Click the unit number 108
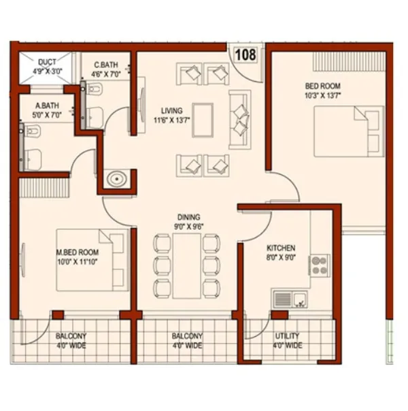click(x=246, y=54)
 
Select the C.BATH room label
click(x=106, y=65)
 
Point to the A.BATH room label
click(x=46, y=105)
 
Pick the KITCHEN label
click(x=280, y=249)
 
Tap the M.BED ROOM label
click(x=77, y=252)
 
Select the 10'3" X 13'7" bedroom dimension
click(x=322, y=95)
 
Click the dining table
click(x=186, y=265)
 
